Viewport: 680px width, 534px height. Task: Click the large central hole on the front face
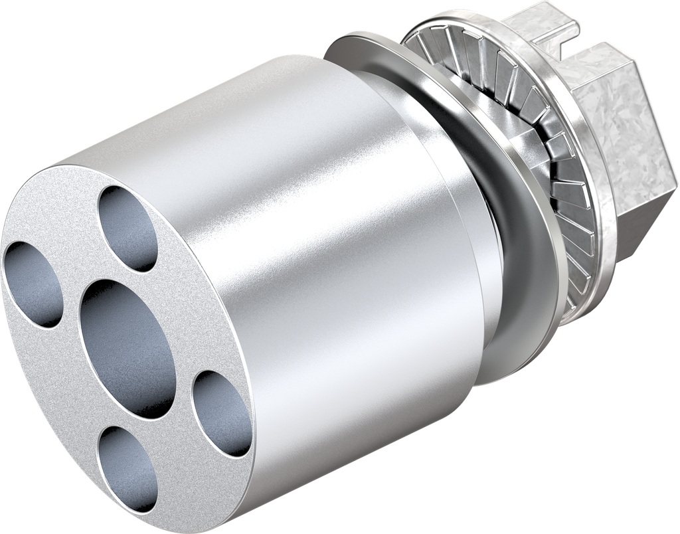(127, 348)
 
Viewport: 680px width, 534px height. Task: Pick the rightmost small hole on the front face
(222, 414)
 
